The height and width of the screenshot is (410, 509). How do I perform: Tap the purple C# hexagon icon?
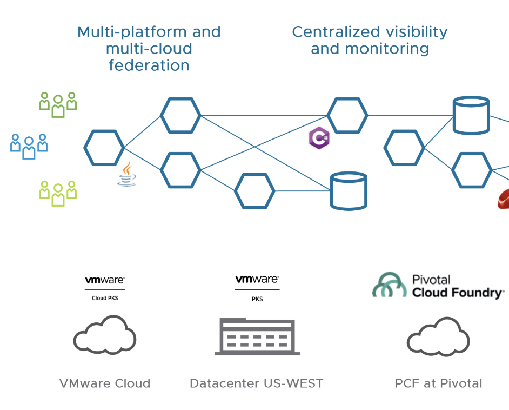[x=319, y=138]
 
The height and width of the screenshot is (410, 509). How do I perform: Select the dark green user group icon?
[x=58, y=104]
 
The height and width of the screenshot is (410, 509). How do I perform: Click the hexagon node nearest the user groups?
[x=104, y=147]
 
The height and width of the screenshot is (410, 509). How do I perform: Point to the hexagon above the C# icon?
[x=347, y=115]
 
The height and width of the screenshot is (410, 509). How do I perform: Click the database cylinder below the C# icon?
[x=349, y=191]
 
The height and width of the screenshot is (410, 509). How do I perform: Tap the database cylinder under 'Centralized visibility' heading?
[x=471, y=115]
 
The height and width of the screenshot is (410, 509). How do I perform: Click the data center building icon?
[x=257, y=336]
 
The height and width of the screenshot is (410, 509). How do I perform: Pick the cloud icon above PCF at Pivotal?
[x=438, y=336]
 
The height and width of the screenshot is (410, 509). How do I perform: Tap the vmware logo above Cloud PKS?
[x=104, y=280]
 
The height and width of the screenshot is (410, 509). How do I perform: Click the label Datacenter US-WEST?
[x=256, y=383]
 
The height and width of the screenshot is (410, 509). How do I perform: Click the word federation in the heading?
[x=149, y=65]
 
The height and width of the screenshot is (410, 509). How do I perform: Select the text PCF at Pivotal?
[x=438, y=383]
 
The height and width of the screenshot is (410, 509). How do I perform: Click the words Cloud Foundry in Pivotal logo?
[x=457, y=293]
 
